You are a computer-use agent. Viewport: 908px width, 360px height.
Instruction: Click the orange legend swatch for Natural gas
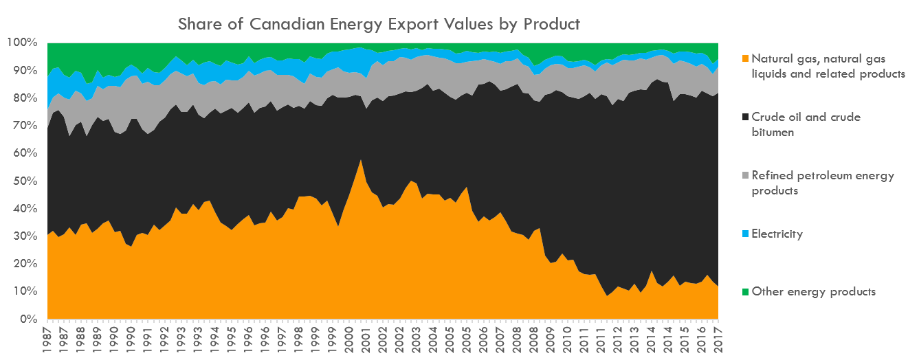(745, 58)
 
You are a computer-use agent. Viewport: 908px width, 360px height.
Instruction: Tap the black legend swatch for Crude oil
(745, 117)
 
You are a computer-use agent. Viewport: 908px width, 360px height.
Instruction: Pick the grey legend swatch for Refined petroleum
(745, 176)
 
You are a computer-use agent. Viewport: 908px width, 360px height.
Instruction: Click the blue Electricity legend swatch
(745, 234)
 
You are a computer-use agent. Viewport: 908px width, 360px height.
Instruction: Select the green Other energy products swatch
(745, 292)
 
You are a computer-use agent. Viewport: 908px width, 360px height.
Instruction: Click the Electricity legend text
(777, 234)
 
